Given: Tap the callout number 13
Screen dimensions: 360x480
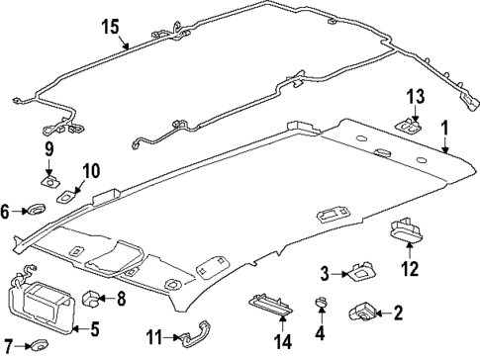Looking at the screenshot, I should (416, 95).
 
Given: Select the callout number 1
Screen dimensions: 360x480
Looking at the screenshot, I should (444, 130).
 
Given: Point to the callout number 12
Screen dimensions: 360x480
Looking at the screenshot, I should (409, 268).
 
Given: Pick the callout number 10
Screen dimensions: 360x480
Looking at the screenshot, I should (90, 172).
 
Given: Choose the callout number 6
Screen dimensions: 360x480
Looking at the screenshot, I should (5, 210).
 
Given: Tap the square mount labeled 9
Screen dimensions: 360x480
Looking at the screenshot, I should (48, 180).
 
